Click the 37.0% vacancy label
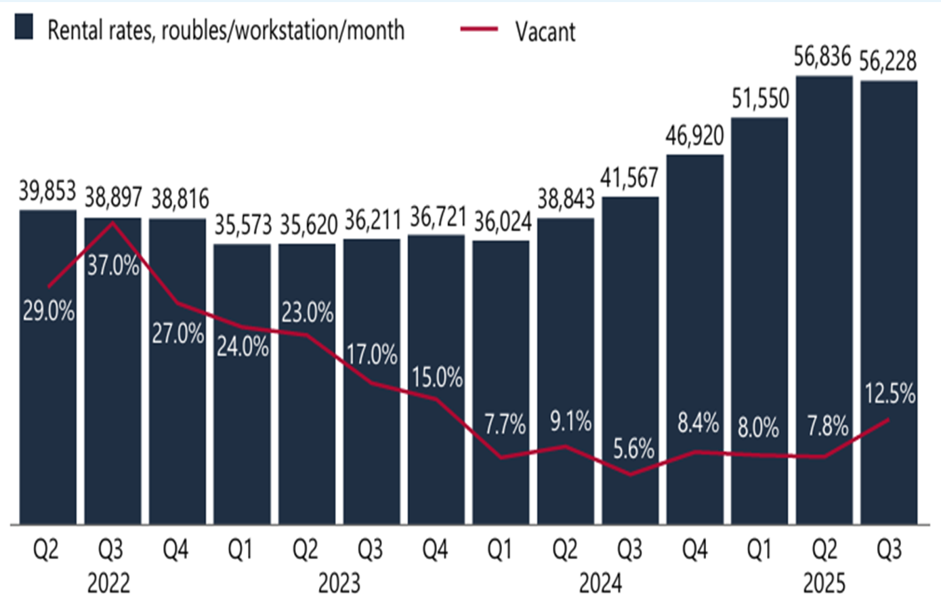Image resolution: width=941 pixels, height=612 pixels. coord(113,265)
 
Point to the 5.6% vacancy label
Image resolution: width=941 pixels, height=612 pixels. coord(633,449)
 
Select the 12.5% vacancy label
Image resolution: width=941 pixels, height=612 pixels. coord(890,394)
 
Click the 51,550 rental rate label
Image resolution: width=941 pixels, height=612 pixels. coord(760,99)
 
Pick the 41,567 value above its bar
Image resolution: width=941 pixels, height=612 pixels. coord(629,178)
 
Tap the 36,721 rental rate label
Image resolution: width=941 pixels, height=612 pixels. coord(438,217)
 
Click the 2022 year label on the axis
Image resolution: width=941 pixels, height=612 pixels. coord(108,583)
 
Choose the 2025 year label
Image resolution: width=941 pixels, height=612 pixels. coord(824,583)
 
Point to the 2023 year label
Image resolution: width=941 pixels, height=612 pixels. coord(339,583)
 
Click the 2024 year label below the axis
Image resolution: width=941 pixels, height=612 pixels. coord(600,583)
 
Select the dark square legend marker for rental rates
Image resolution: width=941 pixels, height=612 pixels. coord(24,28)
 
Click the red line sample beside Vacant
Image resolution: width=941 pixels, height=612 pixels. coord(479,29)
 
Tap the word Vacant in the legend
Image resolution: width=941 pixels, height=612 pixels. coord(545,31)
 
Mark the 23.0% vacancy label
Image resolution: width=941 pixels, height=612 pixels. coord(308,312)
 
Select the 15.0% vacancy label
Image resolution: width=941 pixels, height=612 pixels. coord(437,377)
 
